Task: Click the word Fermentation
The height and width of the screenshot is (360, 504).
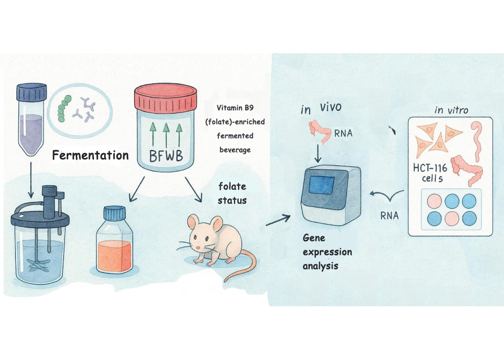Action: (90, 155)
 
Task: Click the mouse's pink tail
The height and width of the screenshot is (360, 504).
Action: (246, 264)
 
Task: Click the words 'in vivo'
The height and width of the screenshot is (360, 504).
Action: (321, 108)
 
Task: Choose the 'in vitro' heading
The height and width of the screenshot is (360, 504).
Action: (450, 110)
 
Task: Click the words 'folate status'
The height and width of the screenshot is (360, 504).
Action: (232, 193)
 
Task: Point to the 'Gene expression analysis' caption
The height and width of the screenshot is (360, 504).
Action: (327, 252)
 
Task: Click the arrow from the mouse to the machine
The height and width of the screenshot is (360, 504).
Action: (278, 220)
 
